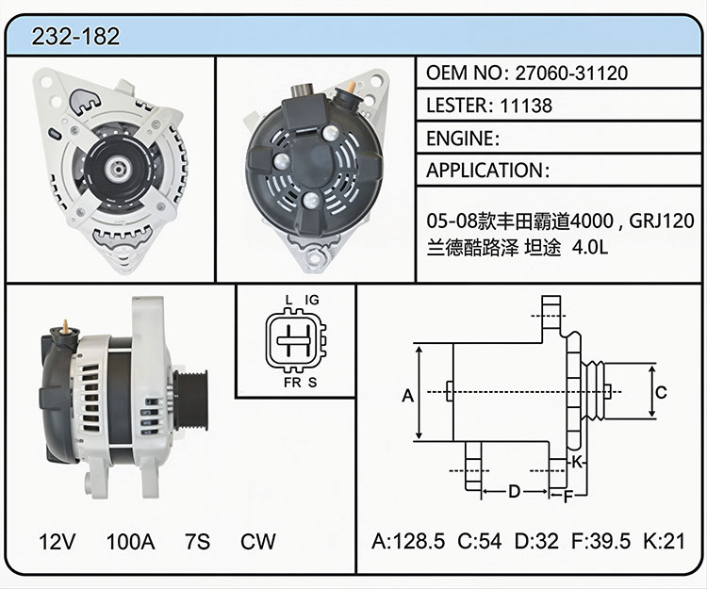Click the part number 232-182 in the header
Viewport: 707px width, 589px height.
[x=75, y=36]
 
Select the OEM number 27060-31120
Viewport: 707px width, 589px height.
[x=571, y=73]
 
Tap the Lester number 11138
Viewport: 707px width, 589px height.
[x=526, y=106]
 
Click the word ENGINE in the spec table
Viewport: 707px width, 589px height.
[x=460, y=139]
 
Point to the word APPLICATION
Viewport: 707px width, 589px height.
[x=485, y=171]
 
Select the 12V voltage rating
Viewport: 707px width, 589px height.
[x=58, y=542]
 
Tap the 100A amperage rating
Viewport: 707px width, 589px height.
[x=130, y=542]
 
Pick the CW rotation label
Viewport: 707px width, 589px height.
[x=258, y=542]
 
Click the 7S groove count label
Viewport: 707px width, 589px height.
[x=198, y=542]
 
